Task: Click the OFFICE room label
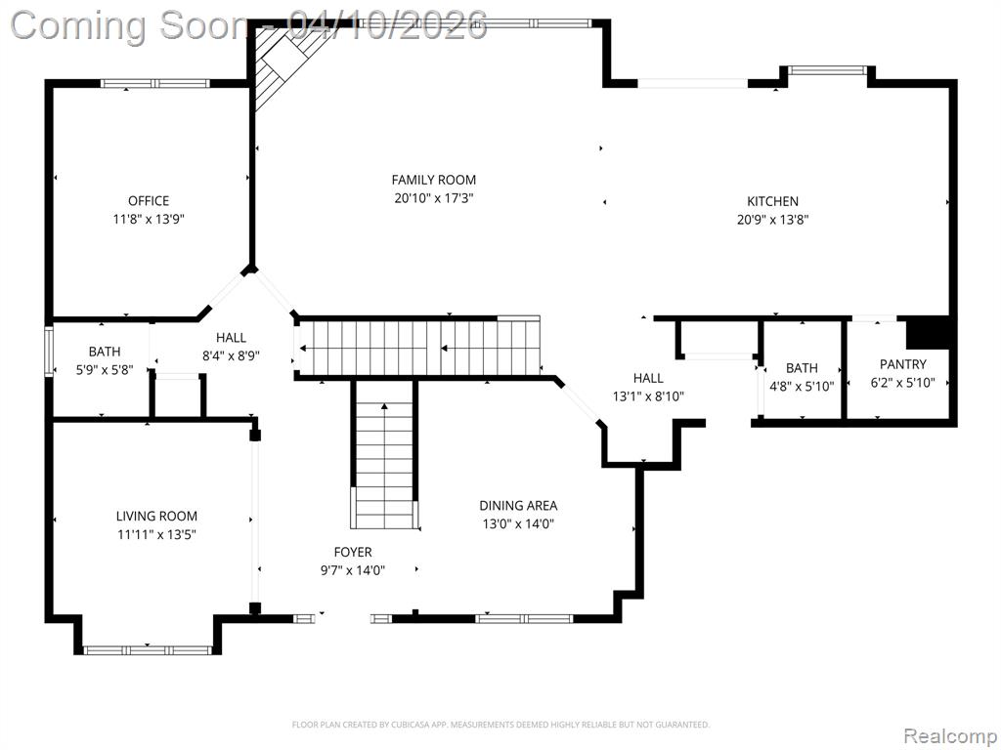(149, 201)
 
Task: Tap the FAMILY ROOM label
(433, 180)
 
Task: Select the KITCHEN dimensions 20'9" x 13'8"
(772, 220)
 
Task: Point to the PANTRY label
(902, 364)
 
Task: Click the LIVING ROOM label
(156, 516)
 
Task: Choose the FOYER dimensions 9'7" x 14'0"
(352, 570)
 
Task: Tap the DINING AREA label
(518, 506)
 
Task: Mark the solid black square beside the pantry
(927, 333)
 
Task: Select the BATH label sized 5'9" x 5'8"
(105, 352)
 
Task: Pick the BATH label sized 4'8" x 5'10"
(802, 368)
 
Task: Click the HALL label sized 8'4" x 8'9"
(231, 337)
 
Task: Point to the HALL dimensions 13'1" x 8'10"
(648, 396)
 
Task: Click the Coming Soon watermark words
(129, 25)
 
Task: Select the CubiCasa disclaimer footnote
(500, 725)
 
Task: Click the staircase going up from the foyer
(383, 455)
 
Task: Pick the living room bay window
(148, 650)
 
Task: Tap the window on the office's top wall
(155, 83)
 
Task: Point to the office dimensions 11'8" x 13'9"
(149, 220)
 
